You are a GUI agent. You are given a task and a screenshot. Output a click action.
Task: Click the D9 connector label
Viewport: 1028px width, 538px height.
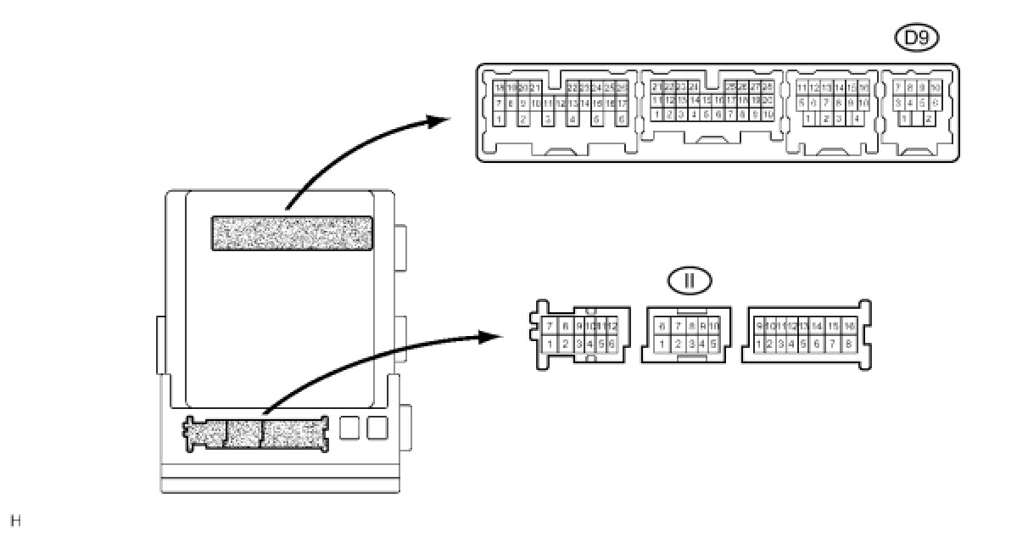point(917,38)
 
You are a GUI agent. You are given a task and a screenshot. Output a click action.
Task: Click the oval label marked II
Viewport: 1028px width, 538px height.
point(690,281)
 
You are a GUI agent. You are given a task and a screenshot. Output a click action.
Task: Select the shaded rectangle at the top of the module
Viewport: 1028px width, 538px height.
point(292,233)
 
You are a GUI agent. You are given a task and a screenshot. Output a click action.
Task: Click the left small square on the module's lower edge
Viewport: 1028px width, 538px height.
point(349,428)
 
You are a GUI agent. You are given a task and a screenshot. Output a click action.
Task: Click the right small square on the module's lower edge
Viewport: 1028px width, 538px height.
point(377,428)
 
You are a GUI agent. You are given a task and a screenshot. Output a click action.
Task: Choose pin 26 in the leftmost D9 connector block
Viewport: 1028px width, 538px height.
point(622,87)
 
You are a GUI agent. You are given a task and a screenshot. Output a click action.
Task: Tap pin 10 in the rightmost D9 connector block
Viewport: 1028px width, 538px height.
point(935,87)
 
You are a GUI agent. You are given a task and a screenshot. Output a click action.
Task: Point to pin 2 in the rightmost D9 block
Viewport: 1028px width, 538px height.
point(929,119)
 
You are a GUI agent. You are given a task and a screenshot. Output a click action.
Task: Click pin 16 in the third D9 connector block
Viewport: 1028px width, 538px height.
point(863,87)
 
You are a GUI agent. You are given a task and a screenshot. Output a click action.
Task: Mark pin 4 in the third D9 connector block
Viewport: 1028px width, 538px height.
point(858,119)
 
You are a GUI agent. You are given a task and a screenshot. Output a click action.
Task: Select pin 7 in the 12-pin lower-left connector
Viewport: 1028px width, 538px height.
point(550,326)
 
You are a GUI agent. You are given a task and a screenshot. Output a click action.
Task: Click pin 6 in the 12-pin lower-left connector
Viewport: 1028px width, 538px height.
point(610,345)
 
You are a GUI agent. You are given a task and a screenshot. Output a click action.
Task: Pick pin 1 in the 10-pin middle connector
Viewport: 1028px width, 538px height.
point(662,345)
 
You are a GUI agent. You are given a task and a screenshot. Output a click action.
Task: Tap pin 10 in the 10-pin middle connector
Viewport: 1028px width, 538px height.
point(714,326)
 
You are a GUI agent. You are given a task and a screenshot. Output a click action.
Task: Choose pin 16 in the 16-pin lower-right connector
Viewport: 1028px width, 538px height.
point(848,326)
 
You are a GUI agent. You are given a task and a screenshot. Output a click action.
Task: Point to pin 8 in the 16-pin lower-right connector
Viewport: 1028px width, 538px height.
point(848,345)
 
